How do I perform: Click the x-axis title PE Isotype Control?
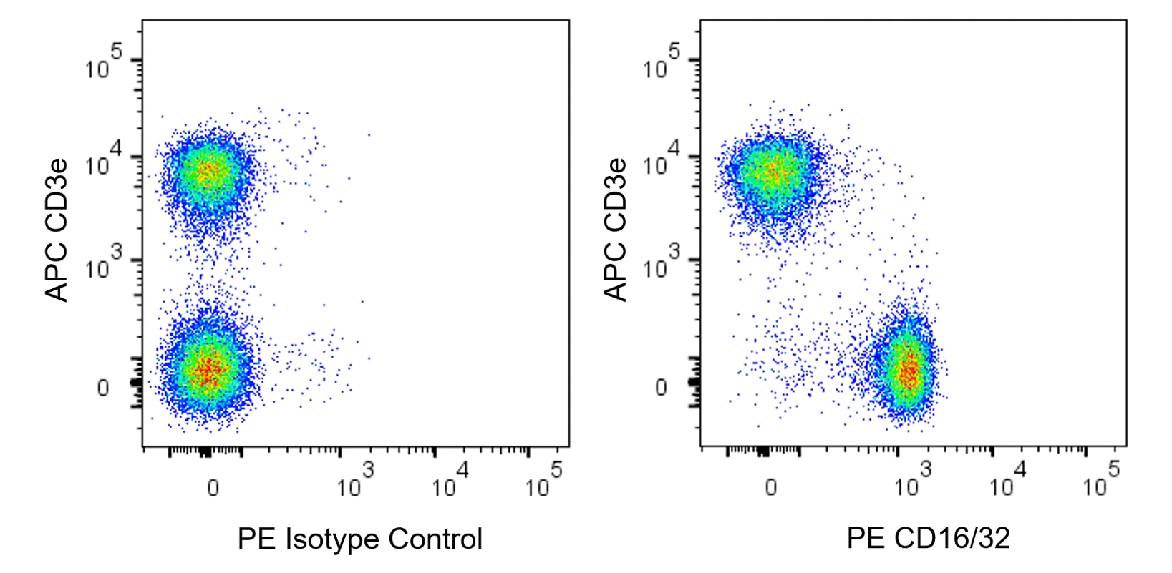tap(359, 539)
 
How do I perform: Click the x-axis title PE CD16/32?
tap(928, 539)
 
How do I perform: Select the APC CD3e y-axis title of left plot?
tap(57, 230)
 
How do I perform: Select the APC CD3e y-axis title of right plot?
tap(616, 230)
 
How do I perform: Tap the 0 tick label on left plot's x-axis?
tap(213, 488)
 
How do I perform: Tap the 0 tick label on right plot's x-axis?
tap(770, 488)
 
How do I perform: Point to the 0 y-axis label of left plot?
tap(103, 388)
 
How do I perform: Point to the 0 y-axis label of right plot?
tap(661, 388)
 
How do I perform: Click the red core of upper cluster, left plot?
tap(208, 172)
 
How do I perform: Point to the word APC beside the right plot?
tap(616, 275)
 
